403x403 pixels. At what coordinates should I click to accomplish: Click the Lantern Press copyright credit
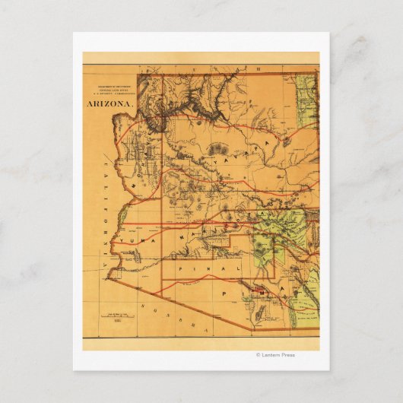click(x=275, y=354)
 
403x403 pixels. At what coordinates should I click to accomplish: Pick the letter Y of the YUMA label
click(x=116, y=240)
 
